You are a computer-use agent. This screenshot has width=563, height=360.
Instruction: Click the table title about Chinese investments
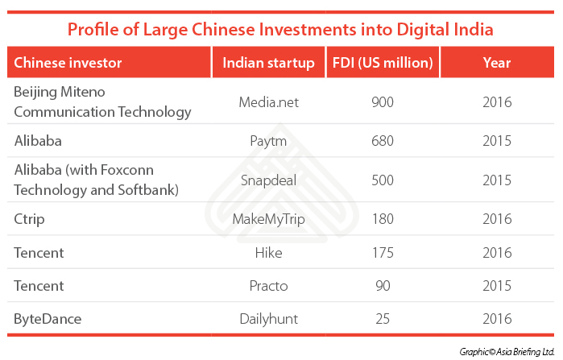tap(280, 30)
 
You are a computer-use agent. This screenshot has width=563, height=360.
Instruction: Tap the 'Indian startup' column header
tap(268, 63)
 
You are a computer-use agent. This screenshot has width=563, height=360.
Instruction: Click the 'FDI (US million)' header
tap(382, 63)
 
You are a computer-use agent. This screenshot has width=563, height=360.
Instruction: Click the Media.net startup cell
tap(268, 102)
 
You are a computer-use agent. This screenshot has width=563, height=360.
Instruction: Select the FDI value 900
tap(382, 102)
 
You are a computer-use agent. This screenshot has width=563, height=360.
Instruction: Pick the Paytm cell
tap(268, 141)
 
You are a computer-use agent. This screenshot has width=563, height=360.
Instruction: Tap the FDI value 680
tap(382, 141)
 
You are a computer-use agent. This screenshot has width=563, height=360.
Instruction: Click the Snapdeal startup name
tap(268, 180)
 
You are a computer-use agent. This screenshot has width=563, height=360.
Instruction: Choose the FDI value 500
tap(382, 180)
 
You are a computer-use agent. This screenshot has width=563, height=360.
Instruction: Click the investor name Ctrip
tap(29, 218)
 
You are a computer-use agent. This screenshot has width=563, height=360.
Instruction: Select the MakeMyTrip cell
tap(268, 218)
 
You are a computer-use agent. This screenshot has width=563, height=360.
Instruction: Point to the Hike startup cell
tap(268, 252)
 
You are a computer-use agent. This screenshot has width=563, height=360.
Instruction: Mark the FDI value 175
tap(382, 252)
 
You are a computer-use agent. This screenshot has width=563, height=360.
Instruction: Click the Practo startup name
tap(268, 285)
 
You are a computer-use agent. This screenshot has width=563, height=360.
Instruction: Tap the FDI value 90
tap(382, 285)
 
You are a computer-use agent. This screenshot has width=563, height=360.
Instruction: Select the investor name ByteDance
tap(46, 318)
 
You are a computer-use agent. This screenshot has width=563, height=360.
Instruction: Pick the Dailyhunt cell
tap(268, 318)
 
